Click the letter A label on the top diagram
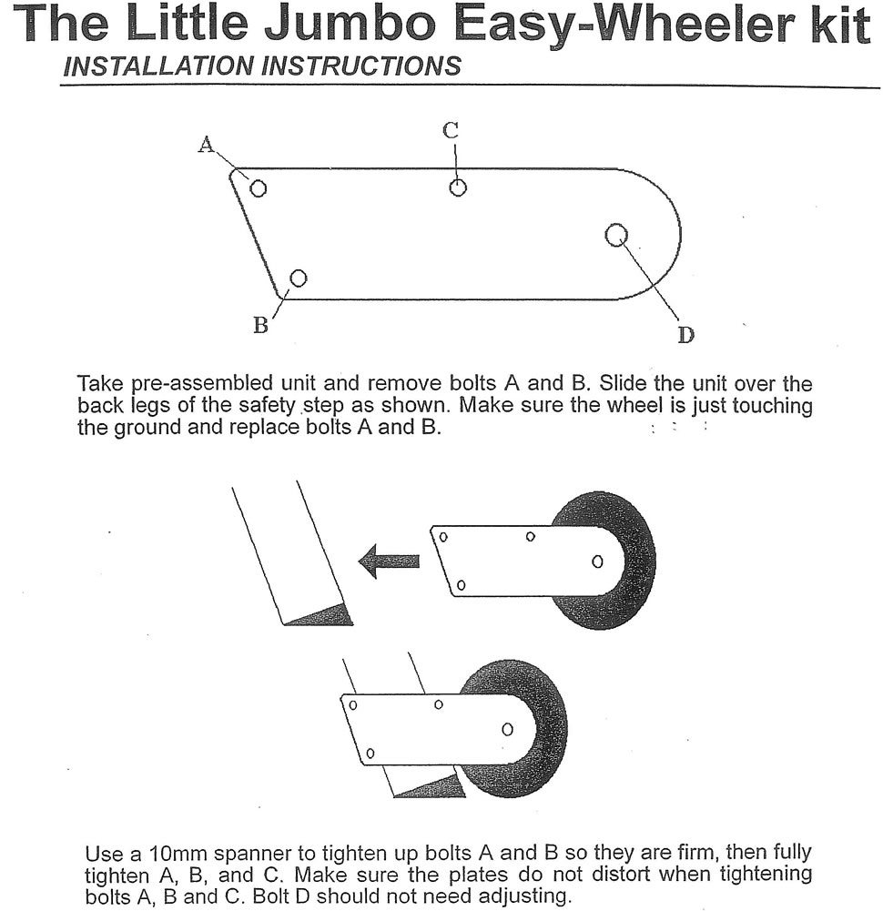[207, 144]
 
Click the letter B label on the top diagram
[260, 326]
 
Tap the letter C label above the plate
[451, 130]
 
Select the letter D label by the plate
[685, 335]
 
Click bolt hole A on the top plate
[259, 188]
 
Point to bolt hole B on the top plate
[298, 278]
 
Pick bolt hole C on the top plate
[458, 187]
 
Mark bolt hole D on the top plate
[616, 235]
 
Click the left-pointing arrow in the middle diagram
[389, 561]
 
